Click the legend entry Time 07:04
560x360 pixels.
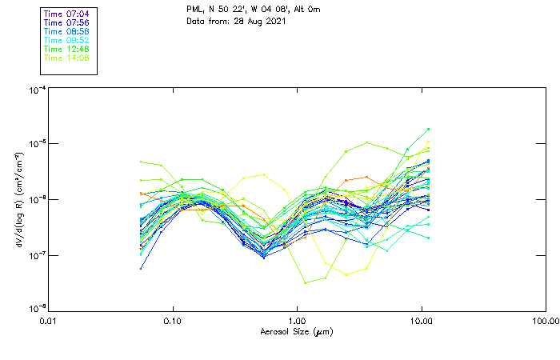[66, 14]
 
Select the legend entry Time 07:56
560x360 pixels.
[66, 23]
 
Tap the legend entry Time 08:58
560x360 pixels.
[66, 32]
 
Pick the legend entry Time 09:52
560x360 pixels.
[66, 41]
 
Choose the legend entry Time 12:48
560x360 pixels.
[66, 50]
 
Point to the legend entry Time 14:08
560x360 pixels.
[66, 58]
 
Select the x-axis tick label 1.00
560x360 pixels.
[297, 321]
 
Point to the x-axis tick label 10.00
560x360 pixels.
[421, 321]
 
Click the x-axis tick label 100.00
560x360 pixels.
[545, 321]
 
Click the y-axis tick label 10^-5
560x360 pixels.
[36, 145]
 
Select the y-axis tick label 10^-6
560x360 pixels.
[36, 200]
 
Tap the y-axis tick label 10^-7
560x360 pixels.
[36, 255]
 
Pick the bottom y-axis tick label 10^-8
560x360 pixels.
[36, 309]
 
